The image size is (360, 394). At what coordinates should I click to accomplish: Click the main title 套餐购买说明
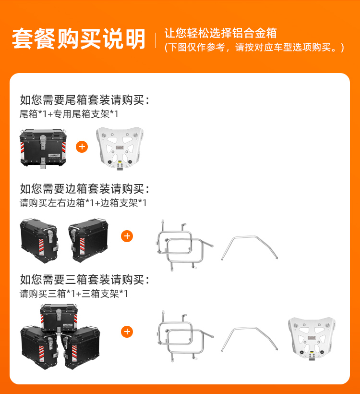79,39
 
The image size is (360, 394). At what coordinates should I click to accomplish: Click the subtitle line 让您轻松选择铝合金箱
221,33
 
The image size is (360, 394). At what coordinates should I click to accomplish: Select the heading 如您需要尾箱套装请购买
84,100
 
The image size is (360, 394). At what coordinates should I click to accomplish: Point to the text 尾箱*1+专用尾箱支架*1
69,114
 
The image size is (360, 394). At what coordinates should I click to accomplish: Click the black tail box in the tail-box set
43,148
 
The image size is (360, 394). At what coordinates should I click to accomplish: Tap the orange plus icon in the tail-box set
82,147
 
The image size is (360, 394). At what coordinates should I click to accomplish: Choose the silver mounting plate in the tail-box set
120,148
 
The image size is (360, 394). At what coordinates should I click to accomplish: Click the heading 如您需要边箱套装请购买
84,189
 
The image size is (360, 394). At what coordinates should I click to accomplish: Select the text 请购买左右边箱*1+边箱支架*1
83,203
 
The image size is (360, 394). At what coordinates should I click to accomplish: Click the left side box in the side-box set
39,240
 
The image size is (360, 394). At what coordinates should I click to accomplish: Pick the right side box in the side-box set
88,240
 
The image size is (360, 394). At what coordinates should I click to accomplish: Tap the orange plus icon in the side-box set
127,236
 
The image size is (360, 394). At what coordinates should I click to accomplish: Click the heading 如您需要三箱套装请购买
84,280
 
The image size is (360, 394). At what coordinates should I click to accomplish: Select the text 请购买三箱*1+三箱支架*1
73,294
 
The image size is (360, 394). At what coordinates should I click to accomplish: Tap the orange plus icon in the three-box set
127,332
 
